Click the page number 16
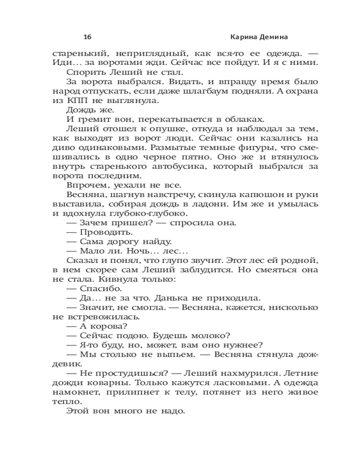click(x=87, y=36)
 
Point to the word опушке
click(x=149, y=129)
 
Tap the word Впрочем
click(x=83, y=185)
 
